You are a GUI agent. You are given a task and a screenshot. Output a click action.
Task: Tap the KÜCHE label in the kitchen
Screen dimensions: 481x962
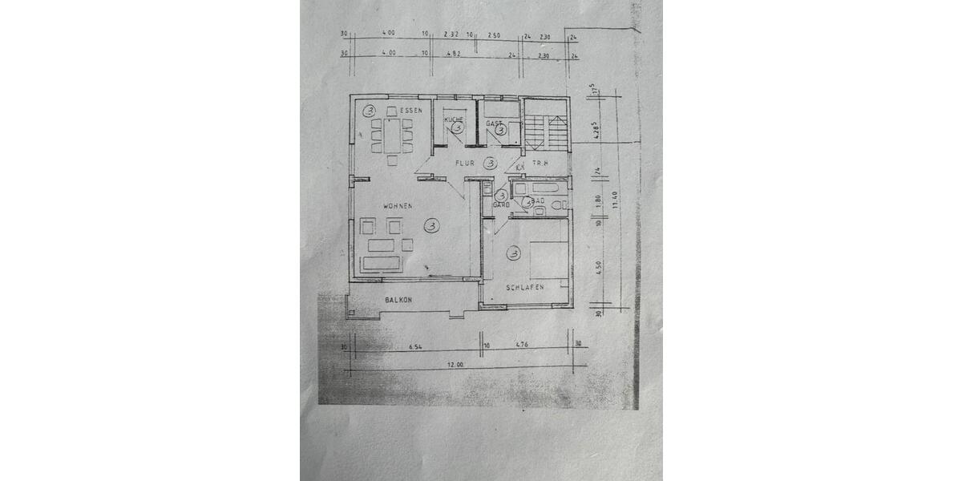(x=454, y=119)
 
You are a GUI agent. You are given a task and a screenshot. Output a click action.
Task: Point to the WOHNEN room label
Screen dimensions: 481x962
(x=398, y=206)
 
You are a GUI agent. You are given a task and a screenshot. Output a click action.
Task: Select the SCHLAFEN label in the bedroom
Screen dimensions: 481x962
(x=525, y=287)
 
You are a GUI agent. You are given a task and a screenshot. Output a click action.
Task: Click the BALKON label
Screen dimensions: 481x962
(x=398, y=300)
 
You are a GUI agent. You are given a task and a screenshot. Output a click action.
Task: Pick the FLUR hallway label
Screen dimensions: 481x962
(x=465, y=164)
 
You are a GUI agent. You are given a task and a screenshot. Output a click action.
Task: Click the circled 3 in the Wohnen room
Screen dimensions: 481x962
(x=432, y=226)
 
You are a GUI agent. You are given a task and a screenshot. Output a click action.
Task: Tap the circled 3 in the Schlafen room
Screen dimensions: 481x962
(x=513, y=254)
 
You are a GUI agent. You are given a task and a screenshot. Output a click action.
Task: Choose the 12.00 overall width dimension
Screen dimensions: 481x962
(x=455, y=365)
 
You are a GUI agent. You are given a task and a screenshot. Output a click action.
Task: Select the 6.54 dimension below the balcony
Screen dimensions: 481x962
(x=415, y=348)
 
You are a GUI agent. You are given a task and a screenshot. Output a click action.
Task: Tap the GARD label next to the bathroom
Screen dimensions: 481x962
(x=501, y=204)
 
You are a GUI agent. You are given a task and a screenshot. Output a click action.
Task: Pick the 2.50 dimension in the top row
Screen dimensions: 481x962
(x=494, y=35)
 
